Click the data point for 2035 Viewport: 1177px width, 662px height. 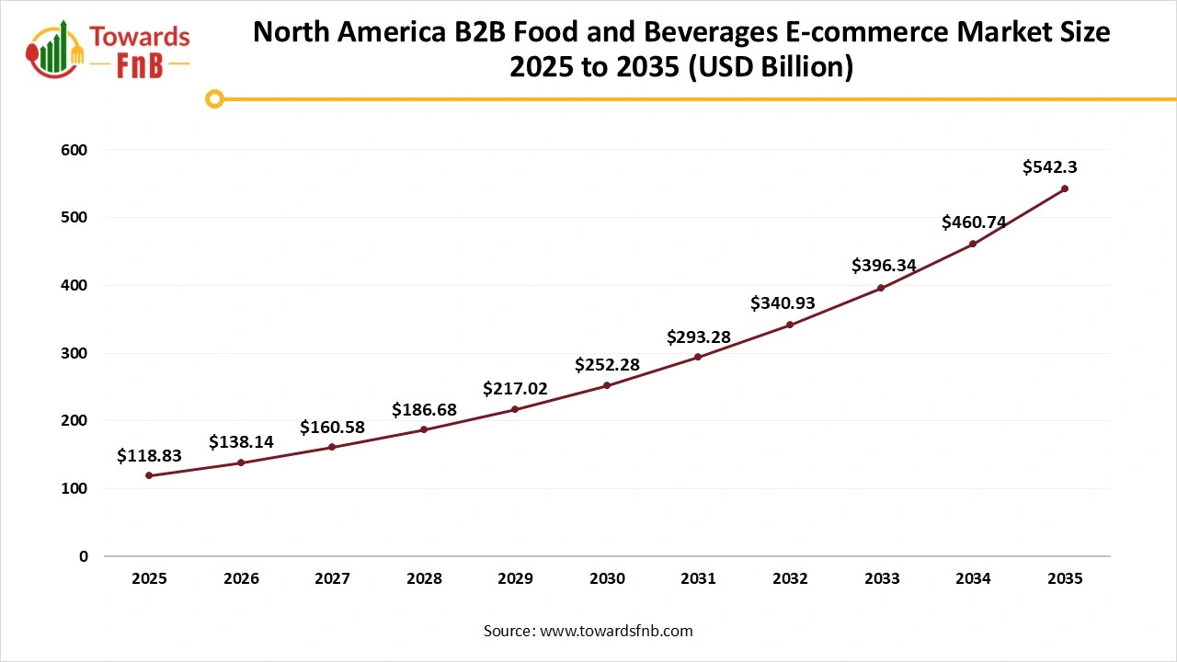pos(1065,188)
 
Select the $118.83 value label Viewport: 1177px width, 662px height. pos(149,456)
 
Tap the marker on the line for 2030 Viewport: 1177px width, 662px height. pos(607,385)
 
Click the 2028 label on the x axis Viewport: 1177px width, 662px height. pos(424,579)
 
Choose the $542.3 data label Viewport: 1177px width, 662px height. pos(1050,167)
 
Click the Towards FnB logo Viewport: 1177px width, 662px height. pos(109,49)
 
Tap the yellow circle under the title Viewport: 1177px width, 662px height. pos(214,98)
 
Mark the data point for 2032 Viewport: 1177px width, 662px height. pos(790,325)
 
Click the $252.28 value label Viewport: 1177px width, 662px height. pos(607,365)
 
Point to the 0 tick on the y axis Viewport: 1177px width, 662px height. pos(83,556)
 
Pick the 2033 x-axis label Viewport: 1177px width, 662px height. pos(881,579)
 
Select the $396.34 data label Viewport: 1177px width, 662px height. pos(883,266)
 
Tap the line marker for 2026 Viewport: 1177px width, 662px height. pos(241,462)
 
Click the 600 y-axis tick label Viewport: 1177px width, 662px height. pos(76,149)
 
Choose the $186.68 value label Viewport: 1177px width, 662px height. pos(424,409)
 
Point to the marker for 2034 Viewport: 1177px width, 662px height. pos(973,244)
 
